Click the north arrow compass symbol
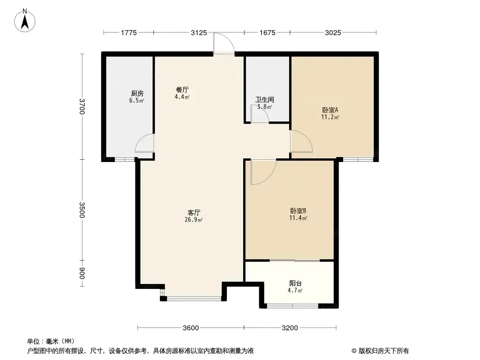point(25,21)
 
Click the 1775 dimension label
point(129,33)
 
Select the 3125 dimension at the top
point(199,33)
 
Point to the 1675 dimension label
point(267,33)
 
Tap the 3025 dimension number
point(333,33)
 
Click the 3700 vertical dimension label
point(82,107)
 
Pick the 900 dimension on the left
point(82,273)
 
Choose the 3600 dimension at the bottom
point(191,328)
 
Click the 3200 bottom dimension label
point(290,328)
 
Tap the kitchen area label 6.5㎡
point(136,101)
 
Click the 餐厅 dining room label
point(182,90)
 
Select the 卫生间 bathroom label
point(265,100)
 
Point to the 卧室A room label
point(330,110)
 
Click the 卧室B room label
point(298,211)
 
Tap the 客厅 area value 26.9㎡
point(194,220)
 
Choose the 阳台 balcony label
point(295,283)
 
